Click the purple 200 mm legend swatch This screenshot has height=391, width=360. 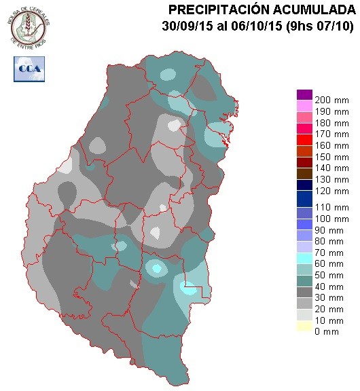pyautogui.click(x=304, y=94)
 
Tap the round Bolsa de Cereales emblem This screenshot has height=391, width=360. pyautogui.click(x=30, y=25)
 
